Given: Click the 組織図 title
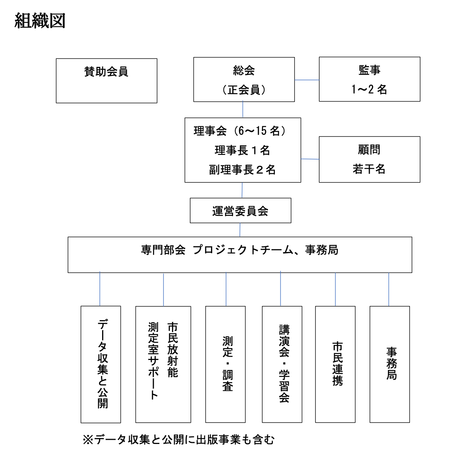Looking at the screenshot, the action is (x=40, y=21).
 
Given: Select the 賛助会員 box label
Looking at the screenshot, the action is (x=106, y=71).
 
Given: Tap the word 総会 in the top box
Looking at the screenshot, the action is (x=244, y=71).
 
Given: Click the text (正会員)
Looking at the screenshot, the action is (x=244, y=90).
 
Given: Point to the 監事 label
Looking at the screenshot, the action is (x=369, y=70).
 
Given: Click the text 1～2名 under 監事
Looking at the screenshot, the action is (x=369, y=89).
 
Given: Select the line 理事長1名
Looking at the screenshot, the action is (x=243, y=151).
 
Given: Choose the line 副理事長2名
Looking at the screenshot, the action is (x=243, y=170).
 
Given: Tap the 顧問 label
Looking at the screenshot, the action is (x=369, y=150).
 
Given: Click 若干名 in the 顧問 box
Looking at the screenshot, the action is (x=369, y=169).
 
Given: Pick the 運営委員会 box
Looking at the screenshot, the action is (x=241, y=211).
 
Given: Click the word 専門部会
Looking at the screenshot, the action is (x=163, y=250).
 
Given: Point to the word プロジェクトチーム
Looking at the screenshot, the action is (x=243, y=250).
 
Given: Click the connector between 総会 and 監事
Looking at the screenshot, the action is (x=307, y=80).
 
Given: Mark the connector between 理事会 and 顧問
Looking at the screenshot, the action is (x=310, y=159).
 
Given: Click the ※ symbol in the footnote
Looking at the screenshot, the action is (x=88, y=440).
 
